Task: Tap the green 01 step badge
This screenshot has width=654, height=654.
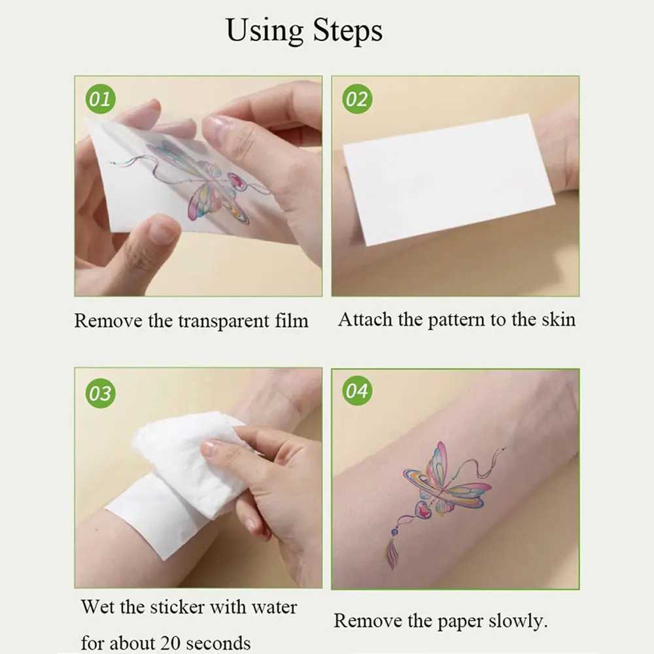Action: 100,99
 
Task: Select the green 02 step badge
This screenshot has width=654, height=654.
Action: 356,99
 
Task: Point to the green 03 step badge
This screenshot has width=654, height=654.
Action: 100,393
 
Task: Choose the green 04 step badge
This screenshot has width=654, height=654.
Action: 356,392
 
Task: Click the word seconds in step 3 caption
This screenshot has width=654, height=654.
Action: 222,643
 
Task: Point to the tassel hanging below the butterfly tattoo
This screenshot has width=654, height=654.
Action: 393,553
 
